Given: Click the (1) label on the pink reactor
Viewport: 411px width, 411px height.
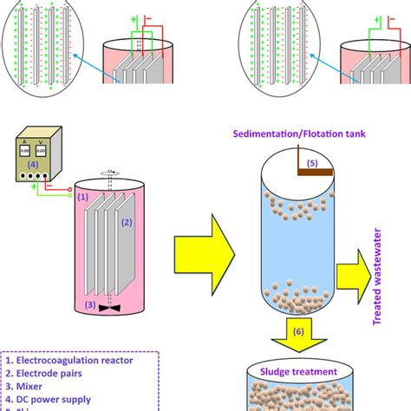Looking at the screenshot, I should (x=85, y=198).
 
